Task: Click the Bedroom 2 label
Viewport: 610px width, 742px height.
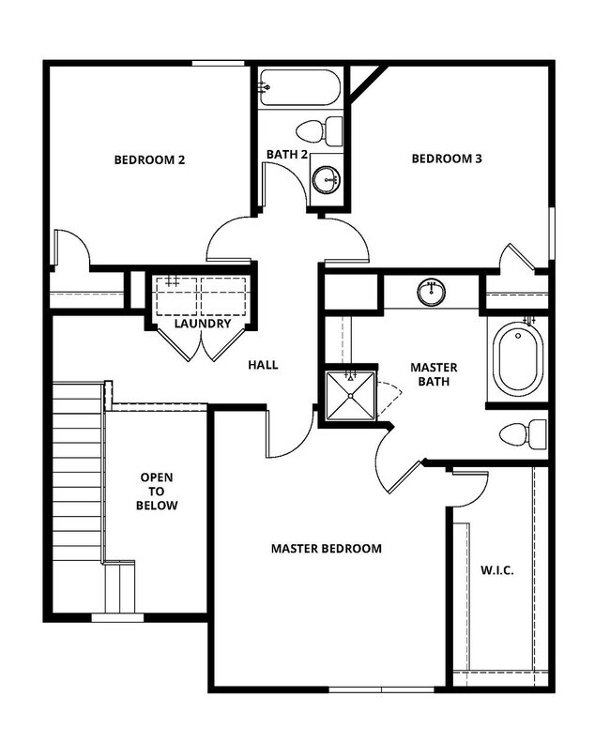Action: tap(148, 159)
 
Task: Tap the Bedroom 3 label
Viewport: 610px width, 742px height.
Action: tap(447, 159)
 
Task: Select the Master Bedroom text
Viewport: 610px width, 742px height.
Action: tap(327, 548)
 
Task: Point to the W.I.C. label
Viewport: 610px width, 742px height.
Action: tap(496, 570)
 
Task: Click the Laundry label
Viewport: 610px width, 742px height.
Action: tap(203, 325)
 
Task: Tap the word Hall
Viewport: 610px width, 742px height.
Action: tap(264, 364)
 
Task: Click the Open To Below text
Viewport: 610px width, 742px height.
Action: tap(159, 492)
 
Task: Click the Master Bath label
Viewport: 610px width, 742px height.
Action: tap(434, 376)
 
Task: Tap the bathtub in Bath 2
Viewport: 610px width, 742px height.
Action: tap(298, 91)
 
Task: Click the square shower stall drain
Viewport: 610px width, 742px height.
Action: tap(349, 395)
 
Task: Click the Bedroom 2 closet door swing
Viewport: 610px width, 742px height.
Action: tap(71, 248)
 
